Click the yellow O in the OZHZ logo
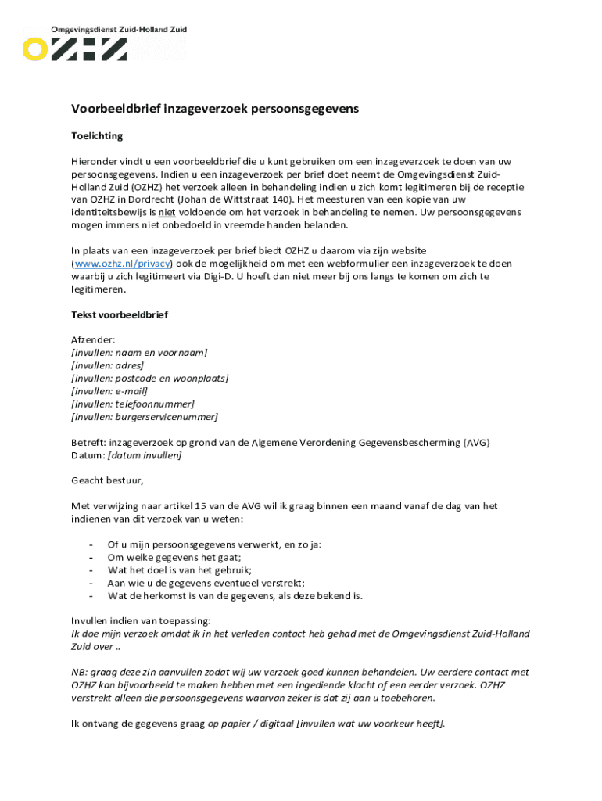[34, 49]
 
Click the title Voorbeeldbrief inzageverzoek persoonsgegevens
[215, 110]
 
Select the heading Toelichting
[97, 136]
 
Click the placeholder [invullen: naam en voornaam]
[139, 353]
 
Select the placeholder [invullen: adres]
[107, 365]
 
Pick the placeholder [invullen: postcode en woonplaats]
[149, 379]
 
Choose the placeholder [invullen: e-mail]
[109, 391]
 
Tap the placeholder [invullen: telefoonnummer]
[132, 404]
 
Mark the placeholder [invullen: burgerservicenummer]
[144, 417]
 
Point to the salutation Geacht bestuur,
[107, 480]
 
